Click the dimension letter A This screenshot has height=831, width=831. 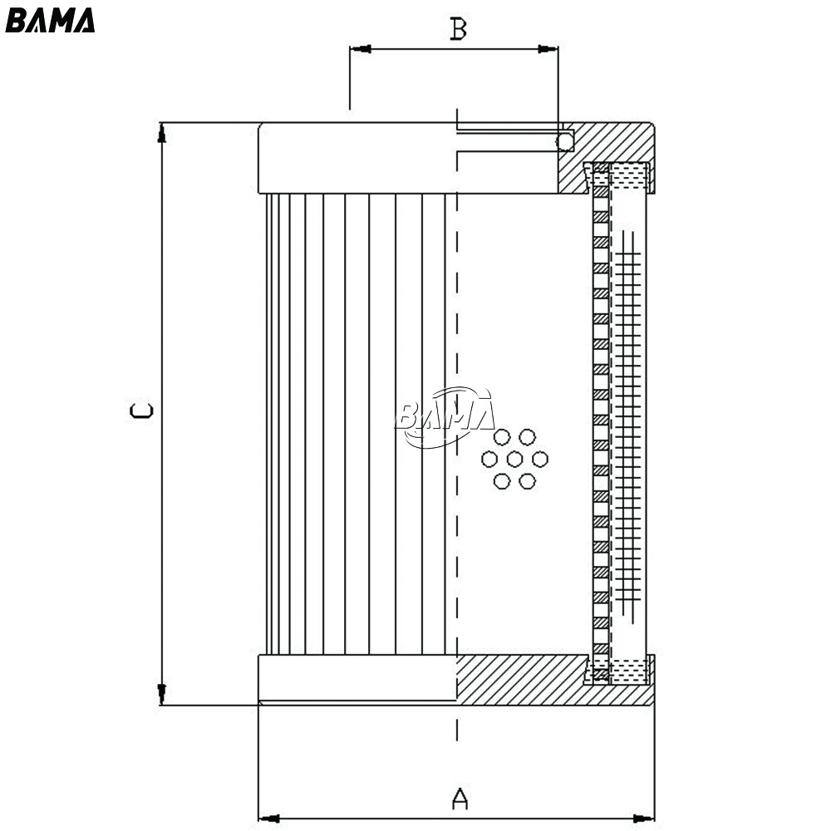(460, 799)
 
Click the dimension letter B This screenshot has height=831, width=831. (459, 29)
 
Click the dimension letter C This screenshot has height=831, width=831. (141, 411)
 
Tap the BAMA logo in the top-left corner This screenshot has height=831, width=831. (50, 20)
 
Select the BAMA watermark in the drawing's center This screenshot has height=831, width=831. (445, 416)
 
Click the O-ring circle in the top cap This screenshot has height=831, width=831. (564, 141)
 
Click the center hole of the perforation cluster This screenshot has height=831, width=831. (514, 459)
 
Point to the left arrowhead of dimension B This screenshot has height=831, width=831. (361, 49)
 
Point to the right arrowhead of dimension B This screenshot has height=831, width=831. (548, 49)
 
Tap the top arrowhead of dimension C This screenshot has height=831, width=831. (162, 133)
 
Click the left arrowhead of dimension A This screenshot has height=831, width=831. (268, 819)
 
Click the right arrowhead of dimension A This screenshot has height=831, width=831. (644, 819)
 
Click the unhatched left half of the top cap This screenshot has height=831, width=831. (357, 158)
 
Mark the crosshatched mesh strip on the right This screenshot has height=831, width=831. (628, 424)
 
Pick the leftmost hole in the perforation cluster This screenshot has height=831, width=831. (489, 459)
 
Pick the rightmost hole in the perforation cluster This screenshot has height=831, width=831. (540, 459)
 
